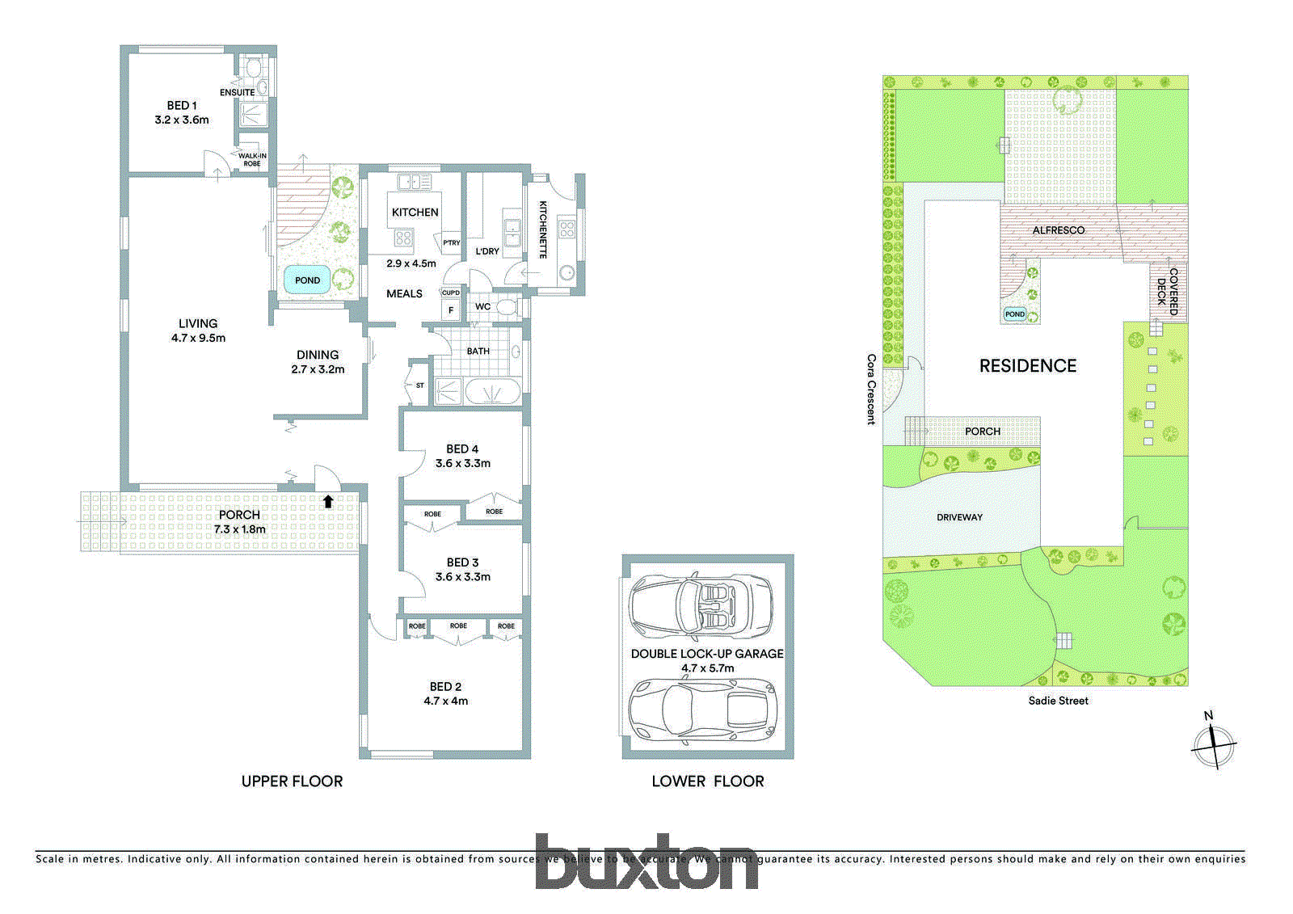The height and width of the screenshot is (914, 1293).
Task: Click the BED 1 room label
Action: (x=182, y=106)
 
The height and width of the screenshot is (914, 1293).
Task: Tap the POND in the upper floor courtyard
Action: (x=307, y=280)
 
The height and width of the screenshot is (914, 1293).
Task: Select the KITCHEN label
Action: (x=415, y=213)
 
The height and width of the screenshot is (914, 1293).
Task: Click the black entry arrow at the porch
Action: (x=328, y=502)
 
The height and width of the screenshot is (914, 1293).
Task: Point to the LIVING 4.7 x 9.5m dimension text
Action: (x=198, y=339)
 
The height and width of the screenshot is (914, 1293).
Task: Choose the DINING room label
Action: (x=318, y=355)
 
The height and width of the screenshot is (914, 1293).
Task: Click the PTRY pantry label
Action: (x=451, y=242)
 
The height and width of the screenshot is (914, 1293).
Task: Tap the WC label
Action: (x=482, y=307)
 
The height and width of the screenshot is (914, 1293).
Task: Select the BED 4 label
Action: (x=462, y=449)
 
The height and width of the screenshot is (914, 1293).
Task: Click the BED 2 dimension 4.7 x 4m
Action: (x=445, y=701)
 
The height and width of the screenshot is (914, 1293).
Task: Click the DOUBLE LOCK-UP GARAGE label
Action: (x=707, y=654)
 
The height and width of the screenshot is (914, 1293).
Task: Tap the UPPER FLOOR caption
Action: (x=292, y=781)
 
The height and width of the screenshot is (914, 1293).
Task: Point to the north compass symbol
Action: (x=1214, y=744)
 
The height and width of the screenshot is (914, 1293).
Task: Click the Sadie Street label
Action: (x=1058, y=701)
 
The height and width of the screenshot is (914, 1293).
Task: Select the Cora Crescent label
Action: (x=871, y=389)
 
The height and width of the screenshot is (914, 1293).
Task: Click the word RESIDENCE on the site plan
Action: (x=1028, y=366)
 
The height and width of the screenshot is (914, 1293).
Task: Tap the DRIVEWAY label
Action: (x=959, y=517)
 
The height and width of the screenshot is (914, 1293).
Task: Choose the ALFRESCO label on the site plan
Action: (x=1059, y=230)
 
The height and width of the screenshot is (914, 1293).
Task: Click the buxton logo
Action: (x=646, y=862)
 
